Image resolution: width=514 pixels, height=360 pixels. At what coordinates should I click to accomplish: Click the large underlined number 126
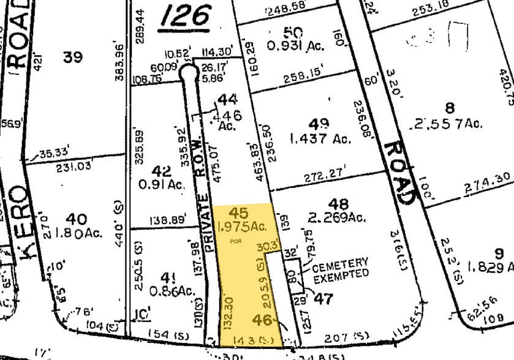(x=186, y=17)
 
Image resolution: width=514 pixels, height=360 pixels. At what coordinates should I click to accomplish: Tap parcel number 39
(x=73, y=57)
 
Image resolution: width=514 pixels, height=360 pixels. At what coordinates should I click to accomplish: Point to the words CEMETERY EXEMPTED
(x=341, y=271)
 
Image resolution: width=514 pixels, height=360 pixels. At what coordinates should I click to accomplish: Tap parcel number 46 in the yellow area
(x=263, y=320)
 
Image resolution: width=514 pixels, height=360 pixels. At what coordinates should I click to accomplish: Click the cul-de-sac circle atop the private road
(x=189, y=72)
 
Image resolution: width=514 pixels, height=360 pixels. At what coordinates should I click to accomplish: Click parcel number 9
(x=499, y=252)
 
